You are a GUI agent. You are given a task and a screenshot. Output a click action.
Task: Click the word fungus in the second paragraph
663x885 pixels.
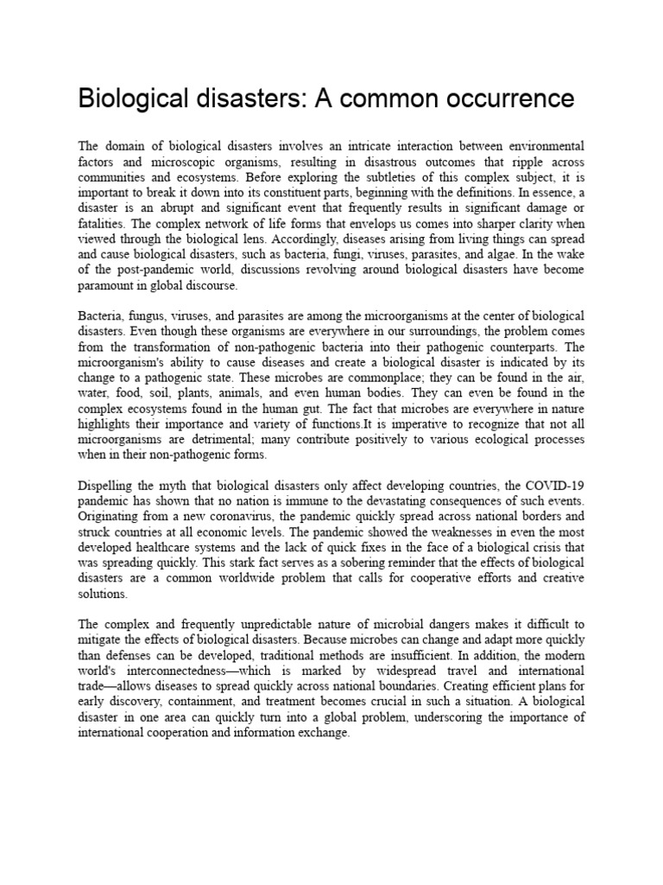pos(151,316)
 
